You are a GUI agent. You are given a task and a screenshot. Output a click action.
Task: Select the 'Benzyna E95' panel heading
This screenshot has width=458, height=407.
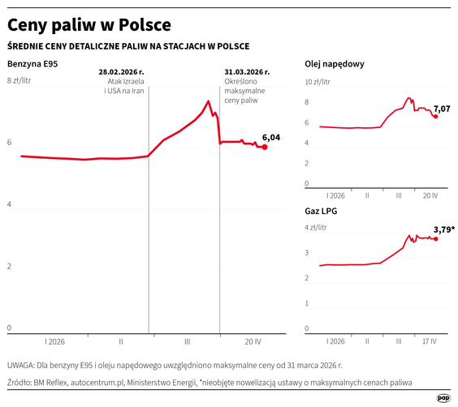[32, 63]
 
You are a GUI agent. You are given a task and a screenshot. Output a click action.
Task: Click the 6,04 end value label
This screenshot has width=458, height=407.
[271, 137]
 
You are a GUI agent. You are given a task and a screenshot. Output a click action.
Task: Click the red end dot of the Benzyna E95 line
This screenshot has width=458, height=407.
[265, 147]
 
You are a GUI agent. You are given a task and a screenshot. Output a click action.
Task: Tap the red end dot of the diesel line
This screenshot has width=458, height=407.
[436, 117]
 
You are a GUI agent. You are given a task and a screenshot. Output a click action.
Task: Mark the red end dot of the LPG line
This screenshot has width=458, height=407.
[436, 238]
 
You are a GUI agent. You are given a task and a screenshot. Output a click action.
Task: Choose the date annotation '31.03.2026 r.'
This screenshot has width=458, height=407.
[246, 71]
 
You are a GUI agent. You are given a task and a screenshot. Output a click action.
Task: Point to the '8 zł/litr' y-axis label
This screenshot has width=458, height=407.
[19, 81]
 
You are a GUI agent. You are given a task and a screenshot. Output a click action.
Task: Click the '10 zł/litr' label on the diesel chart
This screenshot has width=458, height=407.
[318, 82]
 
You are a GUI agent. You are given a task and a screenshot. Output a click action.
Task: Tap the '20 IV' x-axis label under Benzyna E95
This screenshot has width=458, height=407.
[253, 341]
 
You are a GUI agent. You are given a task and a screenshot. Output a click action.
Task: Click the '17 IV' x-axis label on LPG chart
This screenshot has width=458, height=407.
[427, 341]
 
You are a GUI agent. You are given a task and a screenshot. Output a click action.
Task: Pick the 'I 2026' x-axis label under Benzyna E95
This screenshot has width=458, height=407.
[54, 341]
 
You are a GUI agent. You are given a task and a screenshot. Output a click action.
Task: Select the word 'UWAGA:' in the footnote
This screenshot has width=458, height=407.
[21, 366]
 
